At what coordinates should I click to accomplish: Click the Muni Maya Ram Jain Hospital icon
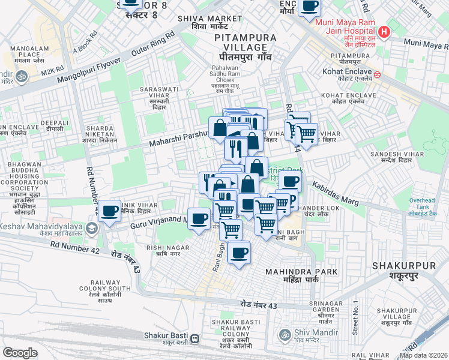pyautogui.click(x=385, y=32)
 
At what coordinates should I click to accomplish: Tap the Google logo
pyautogui.click(x=20, y=353)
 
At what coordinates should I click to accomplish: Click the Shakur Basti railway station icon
pyautogui.click(x=194, y=339)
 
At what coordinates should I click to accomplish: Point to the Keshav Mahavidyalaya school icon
pyautogui.click(x=91, y=228)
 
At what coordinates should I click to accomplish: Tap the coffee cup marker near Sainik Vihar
pyautogui.click(x=110, y=211)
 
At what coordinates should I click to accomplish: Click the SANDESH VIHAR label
pyautogui.click(x=393, y=158)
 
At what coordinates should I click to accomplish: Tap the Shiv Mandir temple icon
pyautogui.click(x=284, y=335)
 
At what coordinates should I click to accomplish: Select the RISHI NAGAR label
pyautogui.click(x=168, y=250)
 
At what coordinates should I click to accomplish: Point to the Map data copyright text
pyautogui.click(x=423, y=355)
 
